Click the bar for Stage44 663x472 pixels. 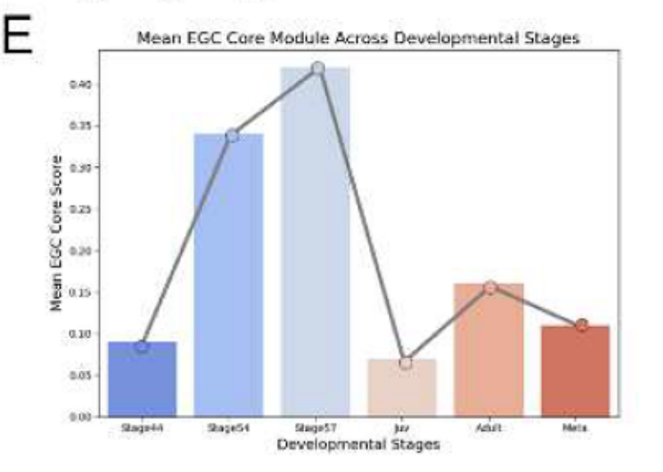pos(142,381)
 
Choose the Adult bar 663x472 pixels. pos(489,350)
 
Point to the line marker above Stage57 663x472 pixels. pos(318,68)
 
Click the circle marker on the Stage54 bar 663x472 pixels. pos(232,136)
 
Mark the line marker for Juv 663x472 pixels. pos(405,363)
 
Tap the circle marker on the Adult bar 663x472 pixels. pos(490,288)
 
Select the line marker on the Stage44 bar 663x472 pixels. pos(141,347)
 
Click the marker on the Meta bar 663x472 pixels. pos(581,325)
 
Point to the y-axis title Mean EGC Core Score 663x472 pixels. pos(57,232)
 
